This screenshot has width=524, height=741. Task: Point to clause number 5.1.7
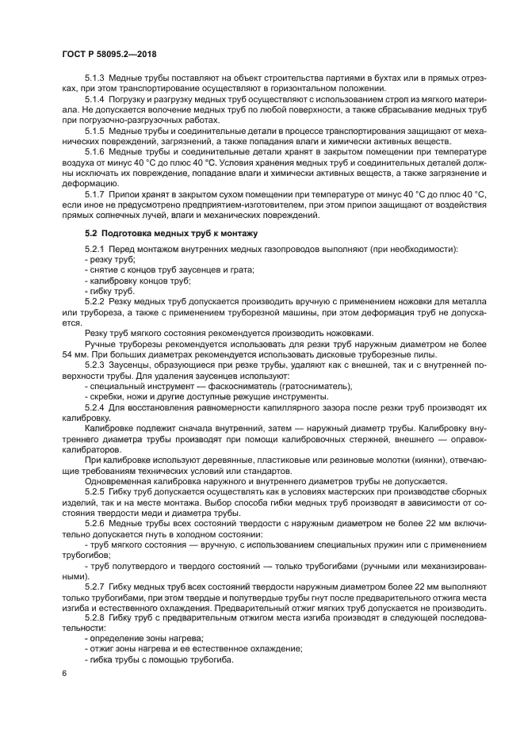[x=94, y=193]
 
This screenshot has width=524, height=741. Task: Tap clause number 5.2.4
[x=94, y=407]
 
